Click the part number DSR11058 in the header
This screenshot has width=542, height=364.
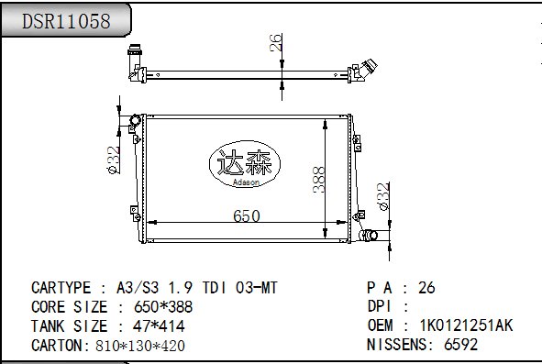coord(66,21)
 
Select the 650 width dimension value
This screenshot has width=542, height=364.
coord(246,215)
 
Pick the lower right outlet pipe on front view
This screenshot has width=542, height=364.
coord(369,237)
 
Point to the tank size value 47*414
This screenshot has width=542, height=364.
coord(165,326)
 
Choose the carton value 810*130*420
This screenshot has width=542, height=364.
coord(140,346)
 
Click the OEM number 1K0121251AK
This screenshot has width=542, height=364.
coord(466,325)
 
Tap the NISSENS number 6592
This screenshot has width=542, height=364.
coord(460,345)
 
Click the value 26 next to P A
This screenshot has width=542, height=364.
coord(426,287)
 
